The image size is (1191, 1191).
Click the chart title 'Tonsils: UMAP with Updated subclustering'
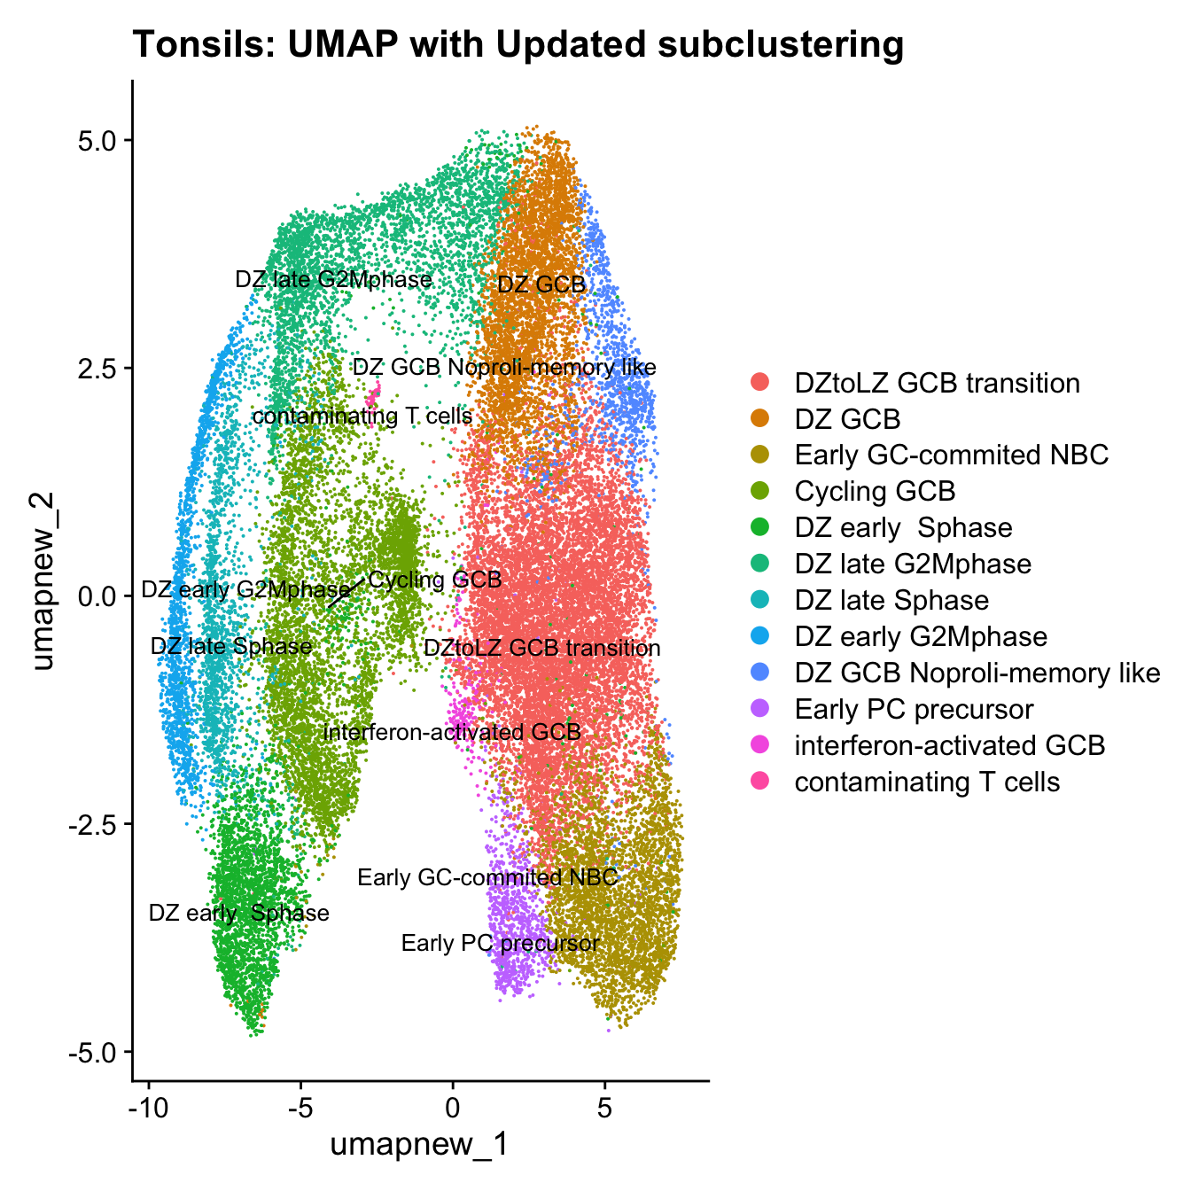point(518,44)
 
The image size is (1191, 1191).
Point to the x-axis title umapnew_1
point(419,1144)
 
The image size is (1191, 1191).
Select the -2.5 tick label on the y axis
point(94,824)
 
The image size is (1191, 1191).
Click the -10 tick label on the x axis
point(148,1109)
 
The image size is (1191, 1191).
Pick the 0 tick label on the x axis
point(453,1109)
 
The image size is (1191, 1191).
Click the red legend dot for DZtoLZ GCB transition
point(760,383)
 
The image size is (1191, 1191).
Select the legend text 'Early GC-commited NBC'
point(952,455)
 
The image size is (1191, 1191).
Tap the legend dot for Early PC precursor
point(760,709)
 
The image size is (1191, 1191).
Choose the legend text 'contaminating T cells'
point(927,782)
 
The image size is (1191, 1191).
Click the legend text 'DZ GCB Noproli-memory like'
point(977,673)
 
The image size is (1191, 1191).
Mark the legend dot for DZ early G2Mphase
point(760,636)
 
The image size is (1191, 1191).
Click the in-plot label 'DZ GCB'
point(541,284)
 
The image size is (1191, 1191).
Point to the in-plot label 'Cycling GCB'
point(435,580)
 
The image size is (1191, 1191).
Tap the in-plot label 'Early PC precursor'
point(501,943)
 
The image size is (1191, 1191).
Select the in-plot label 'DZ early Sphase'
point(239,914)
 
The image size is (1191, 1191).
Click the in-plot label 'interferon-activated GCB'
point(452,732)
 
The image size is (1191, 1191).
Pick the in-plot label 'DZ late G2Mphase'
point(333,280)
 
